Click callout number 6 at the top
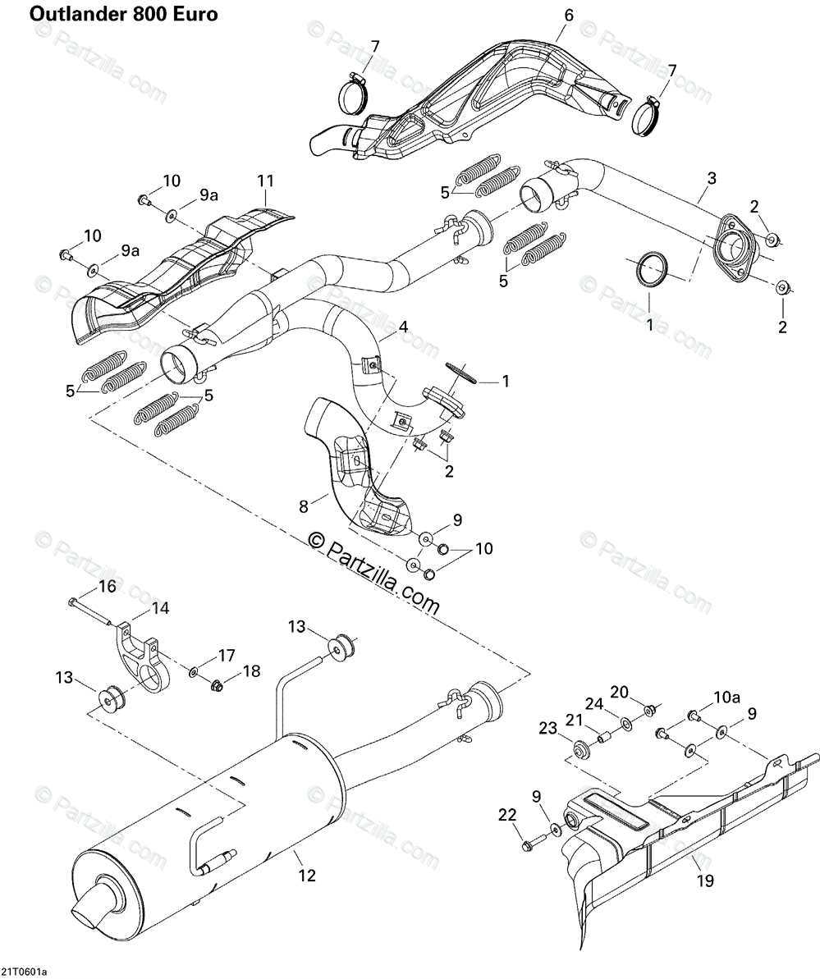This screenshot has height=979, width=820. [x=568, y=15]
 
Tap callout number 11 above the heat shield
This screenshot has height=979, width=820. [x=265, y=181]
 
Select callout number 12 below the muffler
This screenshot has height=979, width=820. [x=306, y=876]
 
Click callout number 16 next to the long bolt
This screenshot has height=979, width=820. [x=108, y=586]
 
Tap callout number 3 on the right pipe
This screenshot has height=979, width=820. [x=711, y=178]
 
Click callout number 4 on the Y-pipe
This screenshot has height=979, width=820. [x=403, y=327]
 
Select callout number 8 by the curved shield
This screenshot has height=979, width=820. [x=304, y=507]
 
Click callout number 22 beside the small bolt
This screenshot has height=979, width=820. [x=508, y=814]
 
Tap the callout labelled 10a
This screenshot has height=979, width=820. [x=726, y=697]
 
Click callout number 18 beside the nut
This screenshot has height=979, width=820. [x=251, y=670]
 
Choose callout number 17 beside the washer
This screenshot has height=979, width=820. [x=226, y=656]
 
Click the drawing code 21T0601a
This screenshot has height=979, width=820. [x=24, y=972]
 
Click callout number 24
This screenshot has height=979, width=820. [x=593, y=703]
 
